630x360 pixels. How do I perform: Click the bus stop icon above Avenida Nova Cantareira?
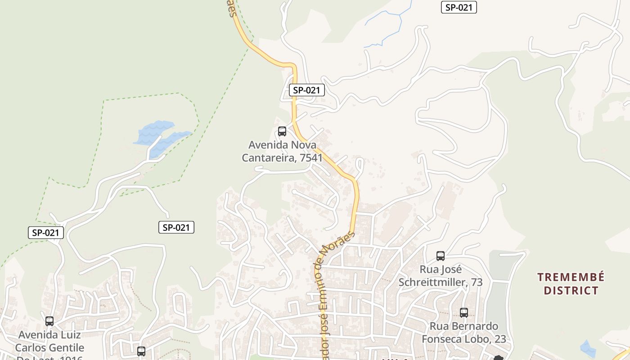282,131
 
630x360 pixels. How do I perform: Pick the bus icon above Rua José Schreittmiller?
441,256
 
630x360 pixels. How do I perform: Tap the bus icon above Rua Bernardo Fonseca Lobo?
464,312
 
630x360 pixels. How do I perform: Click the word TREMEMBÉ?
571,277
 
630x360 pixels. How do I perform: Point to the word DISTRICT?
571,290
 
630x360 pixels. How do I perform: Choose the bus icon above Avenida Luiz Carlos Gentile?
49,321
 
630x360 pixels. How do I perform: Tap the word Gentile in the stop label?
67,347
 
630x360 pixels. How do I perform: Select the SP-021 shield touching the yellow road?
306,90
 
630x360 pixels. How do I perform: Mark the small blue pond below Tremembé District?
588,348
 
